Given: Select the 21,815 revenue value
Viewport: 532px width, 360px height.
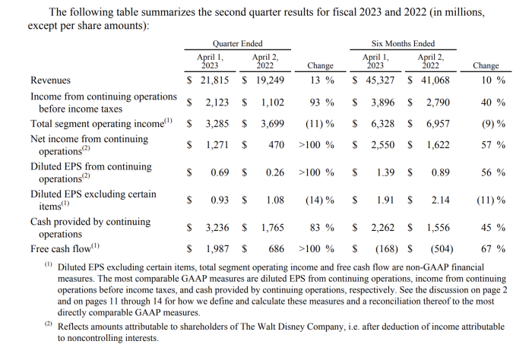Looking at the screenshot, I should pos(214,81).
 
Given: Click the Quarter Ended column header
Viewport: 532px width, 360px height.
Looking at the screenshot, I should pos(238,44).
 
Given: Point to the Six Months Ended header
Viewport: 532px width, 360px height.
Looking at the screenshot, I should pos(404,44).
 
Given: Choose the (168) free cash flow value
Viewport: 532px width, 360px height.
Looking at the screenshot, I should pos(382,248).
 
